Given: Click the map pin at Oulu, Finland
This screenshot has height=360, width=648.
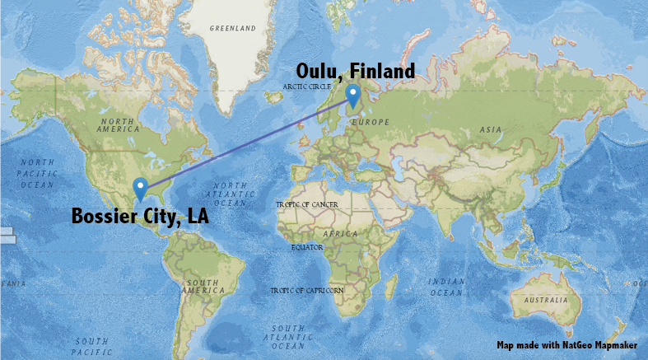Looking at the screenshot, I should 352,96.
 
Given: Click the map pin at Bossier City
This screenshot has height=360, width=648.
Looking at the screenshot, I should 140,189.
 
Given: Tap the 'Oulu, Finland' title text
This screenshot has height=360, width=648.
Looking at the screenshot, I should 356,72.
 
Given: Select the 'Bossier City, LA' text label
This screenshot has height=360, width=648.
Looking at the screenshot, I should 140,217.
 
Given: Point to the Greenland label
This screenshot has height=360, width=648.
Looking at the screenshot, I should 232,28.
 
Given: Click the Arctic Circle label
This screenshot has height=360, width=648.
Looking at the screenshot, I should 306,86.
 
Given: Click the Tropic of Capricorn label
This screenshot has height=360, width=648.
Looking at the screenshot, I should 307,291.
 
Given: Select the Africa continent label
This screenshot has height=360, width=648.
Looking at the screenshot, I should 340,233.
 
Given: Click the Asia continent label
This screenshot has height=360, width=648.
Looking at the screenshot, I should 492,129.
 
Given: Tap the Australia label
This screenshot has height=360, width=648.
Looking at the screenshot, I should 547,300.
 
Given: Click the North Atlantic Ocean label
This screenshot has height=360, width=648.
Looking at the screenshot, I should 230,194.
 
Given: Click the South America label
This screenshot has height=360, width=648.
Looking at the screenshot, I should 201,287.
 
